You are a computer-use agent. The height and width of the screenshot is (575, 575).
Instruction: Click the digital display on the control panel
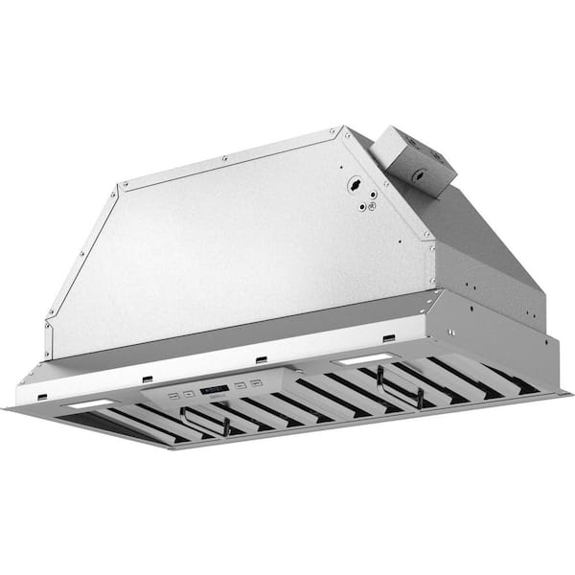[216, 389]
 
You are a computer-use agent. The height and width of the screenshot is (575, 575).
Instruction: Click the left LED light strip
[89, 404]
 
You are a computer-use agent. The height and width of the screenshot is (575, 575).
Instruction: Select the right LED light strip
[365, 359]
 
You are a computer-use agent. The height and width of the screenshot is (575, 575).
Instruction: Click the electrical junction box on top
[413, 158]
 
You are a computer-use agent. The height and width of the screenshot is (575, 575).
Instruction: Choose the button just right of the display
[241, 385]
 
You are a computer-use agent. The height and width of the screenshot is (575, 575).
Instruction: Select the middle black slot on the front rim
[262, 360]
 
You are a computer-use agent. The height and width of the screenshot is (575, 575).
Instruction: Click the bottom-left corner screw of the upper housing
[48, 326]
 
